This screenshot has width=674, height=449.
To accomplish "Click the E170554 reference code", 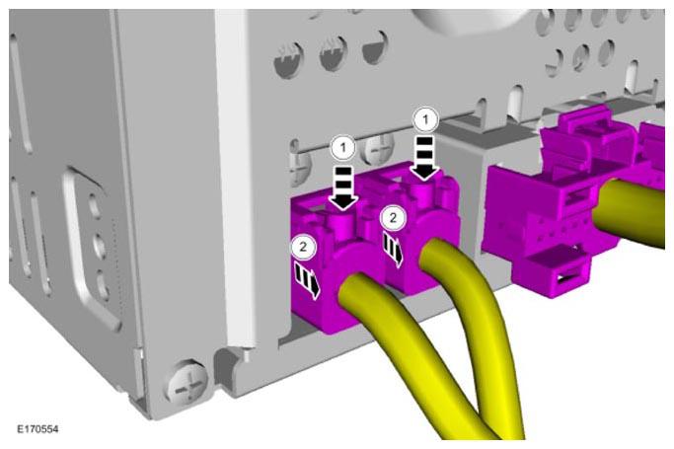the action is [37, 429].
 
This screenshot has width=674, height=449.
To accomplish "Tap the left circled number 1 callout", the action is [343, 148].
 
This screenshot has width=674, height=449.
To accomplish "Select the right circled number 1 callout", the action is [425, 119].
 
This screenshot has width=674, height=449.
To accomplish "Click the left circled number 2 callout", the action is [304, 247].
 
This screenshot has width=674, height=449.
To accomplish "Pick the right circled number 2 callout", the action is [393, 218].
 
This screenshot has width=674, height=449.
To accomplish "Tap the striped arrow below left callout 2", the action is [308, 281].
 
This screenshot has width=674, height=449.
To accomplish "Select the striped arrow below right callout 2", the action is [394, 251].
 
